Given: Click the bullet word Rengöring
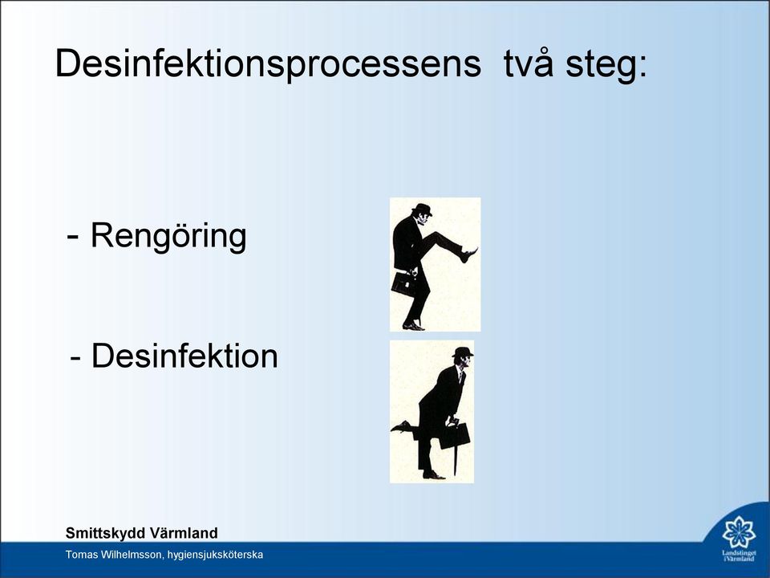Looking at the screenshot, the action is (168, 236).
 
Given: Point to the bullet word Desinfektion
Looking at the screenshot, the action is (184, 356).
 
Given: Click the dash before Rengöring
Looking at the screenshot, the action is (72, 238).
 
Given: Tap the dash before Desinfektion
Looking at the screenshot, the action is (75, 358).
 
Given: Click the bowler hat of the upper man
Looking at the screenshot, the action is (422, 209).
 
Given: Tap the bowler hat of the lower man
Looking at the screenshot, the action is (463, 352).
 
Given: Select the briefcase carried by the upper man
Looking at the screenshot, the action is (403, 283).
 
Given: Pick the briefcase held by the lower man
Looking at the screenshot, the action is (455, 435).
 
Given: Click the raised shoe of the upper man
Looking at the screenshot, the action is (469, 254).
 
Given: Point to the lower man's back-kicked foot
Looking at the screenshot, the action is (401, 426).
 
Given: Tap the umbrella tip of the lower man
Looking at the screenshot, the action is (456, 474).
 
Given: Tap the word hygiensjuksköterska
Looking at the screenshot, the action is (215, 556).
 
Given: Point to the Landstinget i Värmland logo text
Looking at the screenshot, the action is (739, 556).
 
